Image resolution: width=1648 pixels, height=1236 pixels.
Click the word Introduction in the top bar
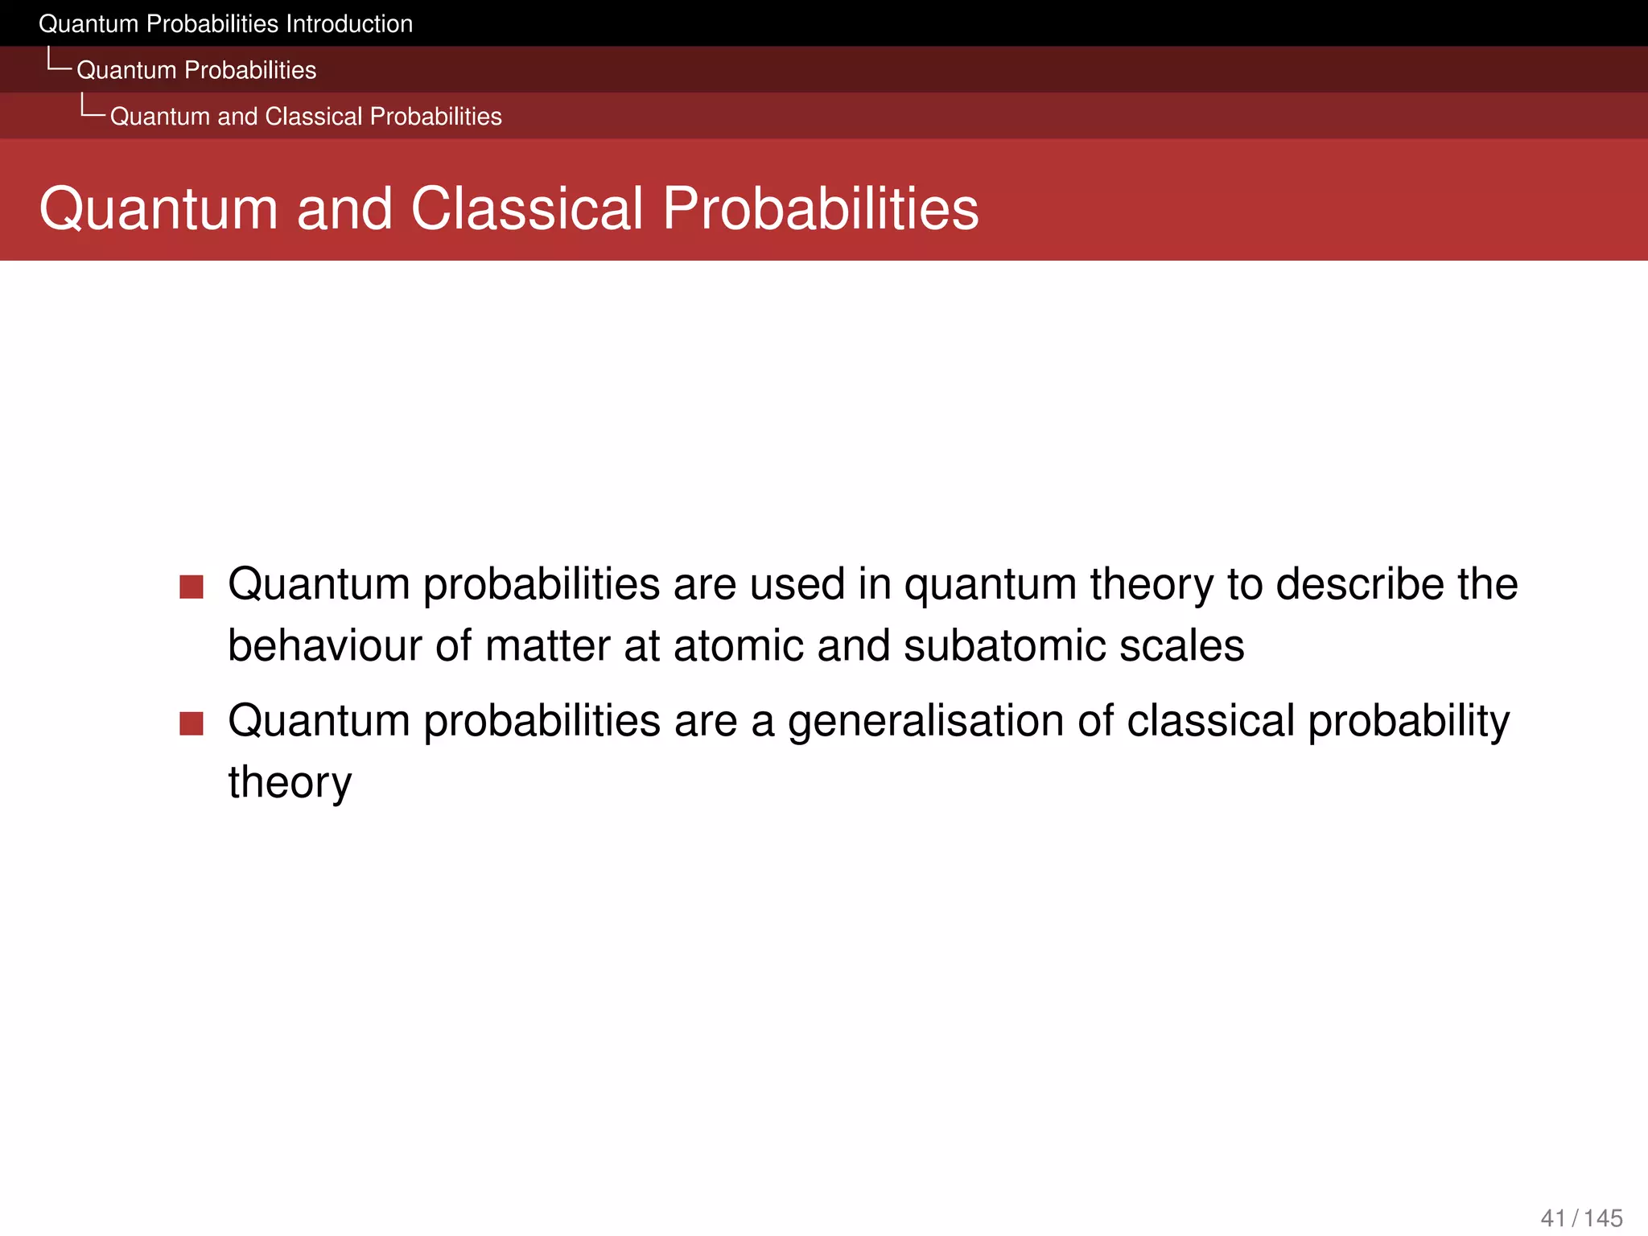click(348, 24)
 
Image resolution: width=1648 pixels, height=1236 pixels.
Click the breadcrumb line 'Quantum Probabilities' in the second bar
click(196, 70)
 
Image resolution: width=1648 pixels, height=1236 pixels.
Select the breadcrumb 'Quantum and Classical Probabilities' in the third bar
click(306, 117)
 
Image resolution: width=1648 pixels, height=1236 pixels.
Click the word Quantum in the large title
click(159, 209)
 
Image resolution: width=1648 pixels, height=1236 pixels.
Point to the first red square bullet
click(192, 587)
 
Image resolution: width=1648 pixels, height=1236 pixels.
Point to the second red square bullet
click(192, 723)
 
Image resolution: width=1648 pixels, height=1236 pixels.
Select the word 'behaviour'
click(324, 646)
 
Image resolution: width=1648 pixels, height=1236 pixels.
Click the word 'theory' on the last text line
click(290, 783)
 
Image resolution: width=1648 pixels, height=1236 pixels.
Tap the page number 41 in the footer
click(1553, 1218)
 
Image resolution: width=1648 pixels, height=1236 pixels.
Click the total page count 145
click(1603, 1218)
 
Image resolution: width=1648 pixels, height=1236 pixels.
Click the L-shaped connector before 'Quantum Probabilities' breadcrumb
click(59, 60)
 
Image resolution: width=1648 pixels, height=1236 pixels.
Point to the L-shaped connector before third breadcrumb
click(92, 106)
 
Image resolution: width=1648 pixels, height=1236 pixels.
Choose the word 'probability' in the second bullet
click(1408, 722)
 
